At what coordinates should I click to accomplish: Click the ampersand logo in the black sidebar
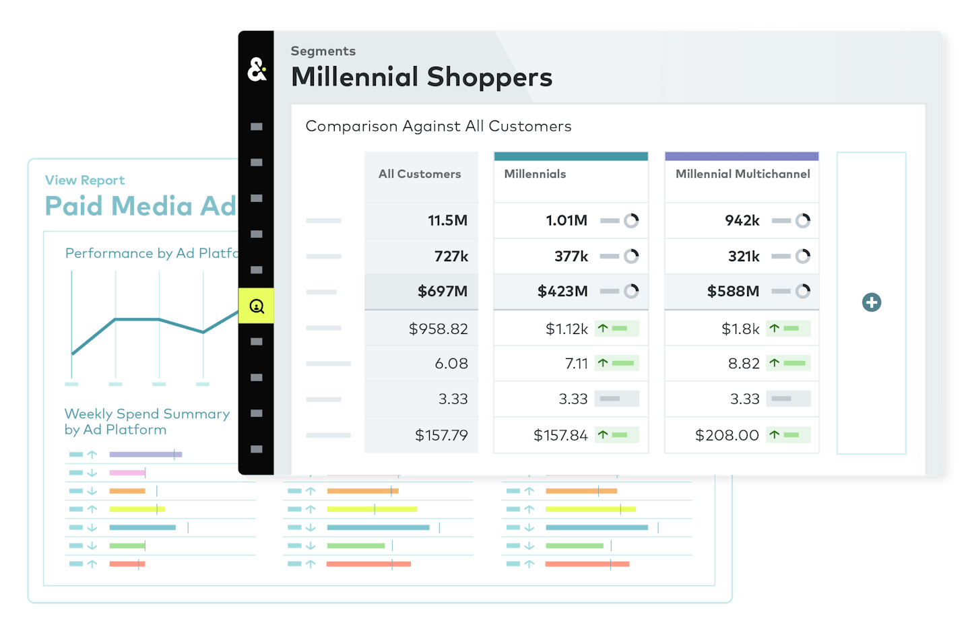click(x=257, y=69)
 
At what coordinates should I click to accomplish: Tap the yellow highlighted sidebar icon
click(x=257, y=306)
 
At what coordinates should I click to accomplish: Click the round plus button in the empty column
click(x=872, y=302)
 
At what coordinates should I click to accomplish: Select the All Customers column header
click(x=420, y=174)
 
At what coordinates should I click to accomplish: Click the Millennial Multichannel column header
click(x=742, y=174)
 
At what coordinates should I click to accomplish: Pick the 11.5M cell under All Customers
click(x=447, y=220)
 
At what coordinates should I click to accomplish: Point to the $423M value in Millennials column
click(x=562, y=291)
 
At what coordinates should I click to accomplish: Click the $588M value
click(x=733, y=291)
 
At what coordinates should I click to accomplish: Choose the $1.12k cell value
click(x=567, y=329)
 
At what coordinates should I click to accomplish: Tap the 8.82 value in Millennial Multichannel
click(x=744, y=364)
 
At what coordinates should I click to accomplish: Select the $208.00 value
click(x=727, y=435)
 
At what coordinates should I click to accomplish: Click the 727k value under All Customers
click(x=451, y=256)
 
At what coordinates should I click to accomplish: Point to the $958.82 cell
click(x=438, y=329)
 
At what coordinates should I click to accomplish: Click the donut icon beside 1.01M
click(x=631, y=220)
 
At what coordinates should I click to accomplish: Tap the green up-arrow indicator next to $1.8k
click(x=775, y=329)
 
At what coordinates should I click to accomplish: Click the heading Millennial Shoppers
click(x=422, y=77)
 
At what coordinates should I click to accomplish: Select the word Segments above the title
click(x=323, y=51)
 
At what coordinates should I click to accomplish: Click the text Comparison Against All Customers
click(x=439, y=126)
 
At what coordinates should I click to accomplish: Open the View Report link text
click(x=85, y=180)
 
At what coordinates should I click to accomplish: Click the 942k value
click(x=742, y=220)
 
